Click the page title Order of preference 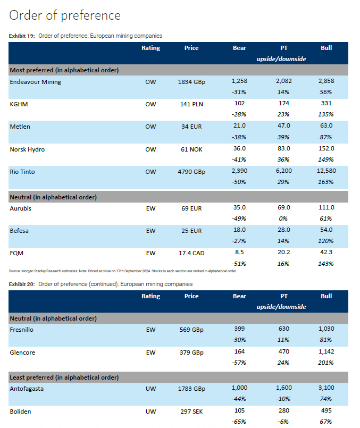pyautogui.click(x=65, y=15)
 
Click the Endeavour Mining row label pyautogui.click(x=35, y=82)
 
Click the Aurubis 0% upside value pyautogui.click(x=283, y=219)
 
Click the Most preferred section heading pyautogui.click(x=64, y=70)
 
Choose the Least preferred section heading pyautogui.click(x=64, y=377)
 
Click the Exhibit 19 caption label pyautogui.click(x=21, y=36)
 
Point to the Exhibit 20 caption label pyautogui.click(x=21, y=284)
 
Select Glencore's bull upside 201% pyautogui.click(x=326, y=363)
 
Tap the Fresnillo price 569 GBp pyautogui.click(x=191, y=330)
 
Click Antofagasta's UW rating pyautogui.click(x=150, y=389)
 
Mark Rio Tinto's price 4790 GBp pyautogui.click(x=191, y=172)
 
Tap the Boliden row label pyautogui.click(x=21, y=411)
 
